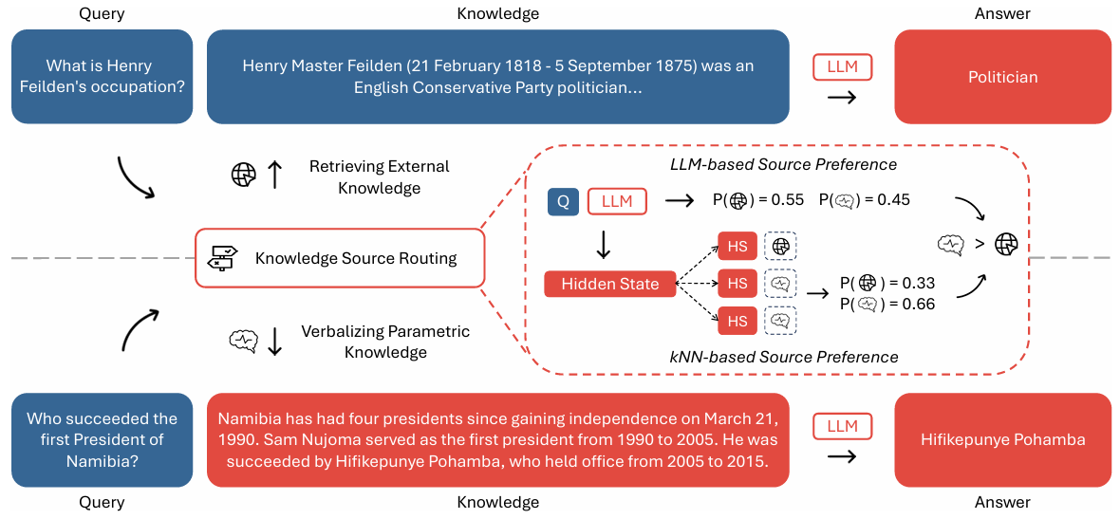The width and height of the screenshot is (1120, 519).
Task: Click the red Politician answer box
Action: (1002, 77)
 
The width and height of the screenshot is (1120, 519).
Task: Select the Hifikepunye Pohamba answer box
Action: (1002, 439)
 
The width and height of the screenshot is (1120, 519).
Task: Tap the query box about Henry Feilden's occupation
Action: (102, 77)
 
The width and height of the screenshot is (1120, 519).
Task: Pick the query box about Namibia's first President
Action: (102, 439)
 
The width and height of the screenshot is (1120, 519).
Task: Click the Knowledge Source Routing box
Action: (340, 258)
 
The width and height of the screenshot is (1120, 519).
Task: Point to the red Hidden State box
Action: (609, 284)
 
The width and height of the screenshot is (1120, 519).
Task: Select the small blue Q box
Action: (563, 201)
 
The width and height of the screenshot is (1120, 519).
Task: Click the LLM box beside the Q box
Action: (617, 201)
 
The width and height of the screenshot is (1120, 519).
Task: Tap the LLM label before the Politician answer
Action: (842, 67)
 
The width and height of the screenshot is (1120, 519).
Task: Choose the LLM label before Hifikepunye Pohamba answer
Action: (842, 427)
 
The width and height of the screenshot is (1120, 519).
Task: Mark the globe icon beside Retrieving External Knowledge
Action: (244, 175)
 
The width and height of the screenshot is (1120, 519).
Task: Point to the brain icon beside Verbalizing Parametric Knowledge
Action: (244, 340)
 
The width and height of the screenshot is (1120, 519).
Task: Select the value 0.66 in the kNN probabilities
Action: (919, 304)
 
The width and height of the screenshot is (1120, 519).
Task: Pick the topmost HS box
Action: (737, 246)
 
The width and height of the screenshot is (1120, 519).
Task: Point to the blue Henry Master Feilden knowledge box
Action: (497, 77)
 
